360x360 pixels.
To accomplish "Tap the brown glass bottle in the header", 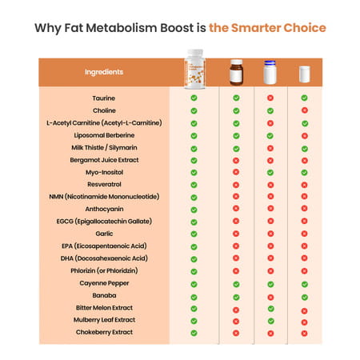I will (x=235, y=72).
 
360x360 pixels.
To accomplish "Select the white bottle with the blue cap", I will (x=270, y=73).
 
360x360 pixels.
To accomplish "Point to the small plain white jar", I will (x=304, y=74).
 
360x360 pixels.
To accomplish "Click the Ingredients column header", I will (x=104, y=72).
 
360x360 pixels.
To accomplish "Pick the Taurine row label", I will (x=105, y=98).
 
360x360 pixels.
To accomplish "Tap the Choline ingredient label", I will (x=105, y=110).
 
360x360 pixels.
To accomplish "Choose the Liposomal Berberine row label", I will (x=105, y=135).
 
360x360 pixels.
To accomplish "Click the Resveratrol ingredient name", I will (x=105, y=184).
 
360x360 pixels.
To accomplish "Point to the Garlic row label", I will (x=105, y=234).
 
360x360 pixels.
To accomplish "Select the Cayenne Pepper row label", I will (x=105, y=282).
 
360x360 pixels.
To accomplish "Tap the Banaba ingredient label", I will (x=105, y=295).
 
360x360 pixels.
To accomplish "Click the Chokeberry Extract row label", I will (x=105, y=332).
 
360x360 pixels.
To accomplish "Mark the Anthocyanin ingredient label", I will (x=105, y=209).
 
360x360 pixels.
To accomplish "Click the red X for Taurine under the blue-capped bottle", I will (x=270, y=98).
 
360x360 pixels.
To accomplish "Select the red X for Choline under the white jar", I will (x=304, y=110).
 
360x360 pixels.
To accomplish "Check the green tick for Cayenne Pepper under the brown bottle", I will (x=235, y=283).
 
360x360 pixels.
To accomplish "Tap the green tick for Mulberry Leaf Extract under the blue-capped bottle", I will (x=270, y=320).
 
